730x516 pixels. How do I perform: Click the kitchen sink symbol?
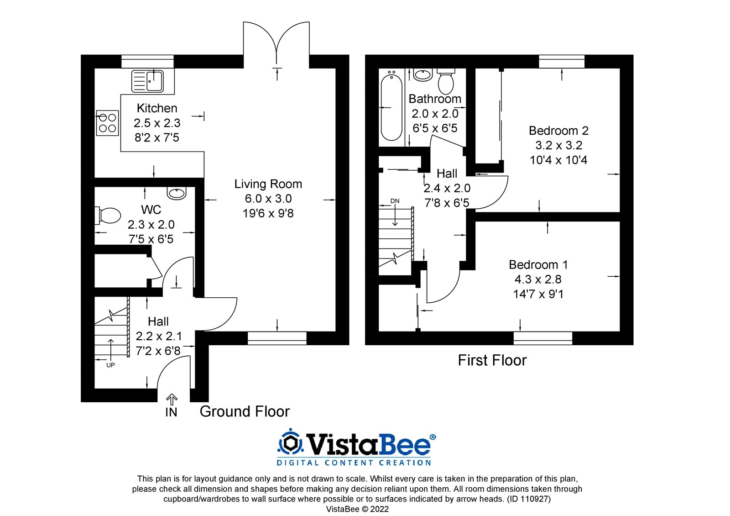[x=147, y=81]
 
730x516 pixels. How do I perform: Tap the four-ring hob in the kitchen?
[x=107, y=123]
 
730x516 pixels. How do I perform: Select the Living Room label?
[x=268, y=184]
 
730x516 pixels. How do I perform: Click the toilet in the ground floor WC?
[x=109, y=216]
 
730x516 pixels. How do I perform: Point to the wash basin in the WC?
[x=177, y=193]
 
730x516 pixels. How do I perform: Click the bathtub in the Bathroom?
[x=391, y=108]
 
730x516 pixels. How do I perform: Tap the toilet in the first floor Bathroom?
[x=445, y=82]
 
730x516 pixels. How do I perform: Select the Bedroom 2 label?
[x=558, y=131]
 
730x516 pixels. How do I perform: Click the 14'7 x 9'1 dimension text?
[x=538, y=294]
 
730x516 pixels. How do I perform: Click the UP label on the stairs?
[x=110, y=365]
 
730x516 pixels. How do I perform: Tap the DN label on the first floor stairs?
[x=395, y=201]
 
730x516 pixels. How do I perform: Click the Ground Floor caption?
[x=245, y=411]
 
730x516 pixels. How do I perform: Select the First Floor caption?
[x=492, y=360]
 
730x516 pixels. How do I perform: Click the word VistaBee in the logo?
[x=369, y=443]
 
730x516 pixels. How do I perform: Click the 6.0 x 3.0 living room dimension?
[x=268, y=199]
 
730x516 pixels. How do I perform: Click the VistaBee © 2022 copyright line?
[x=357, y=509]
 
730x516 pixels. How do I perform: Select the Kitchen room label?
[x=157, y=109]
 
